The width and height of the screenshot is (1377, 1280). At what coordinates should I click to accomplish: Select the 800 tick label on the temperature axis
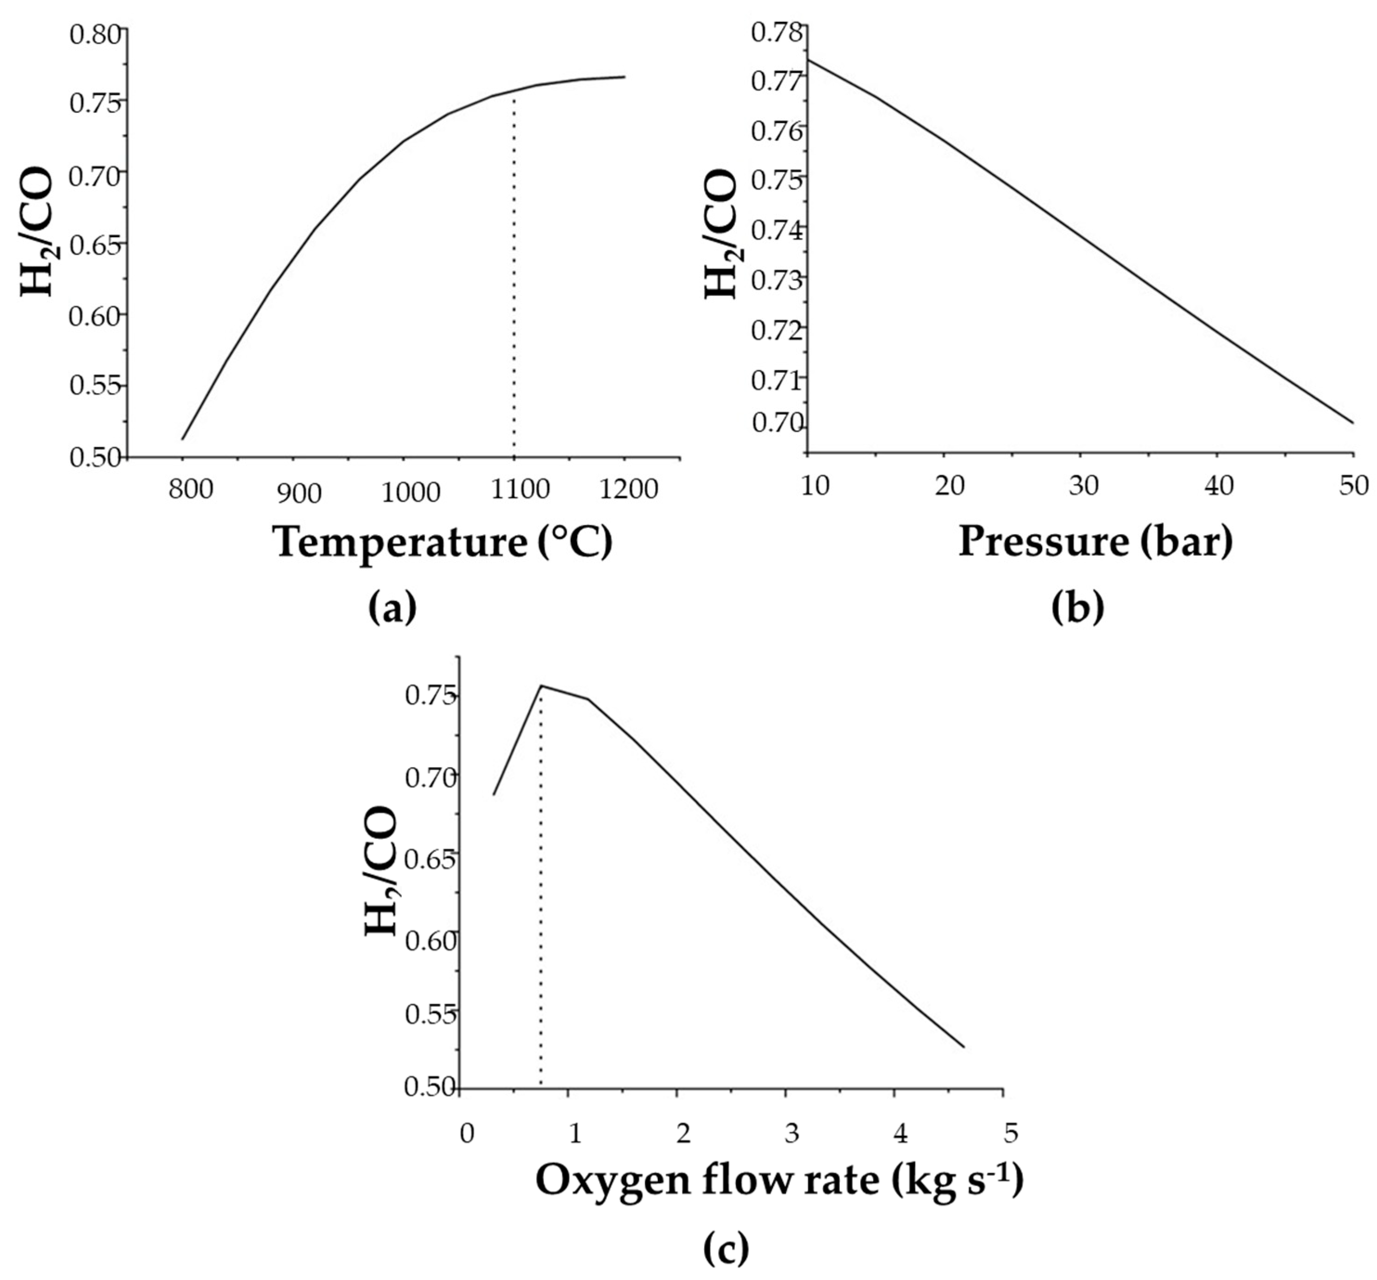190,489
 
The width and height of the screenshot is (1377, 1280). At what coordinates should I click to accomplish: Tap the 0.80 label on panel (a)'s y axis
96,34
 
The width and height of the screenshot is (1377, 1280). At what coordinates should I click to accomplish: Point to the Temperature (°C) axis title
443,543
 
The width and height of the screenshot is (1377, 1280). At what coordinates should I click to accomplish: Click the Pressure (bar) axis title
1095,541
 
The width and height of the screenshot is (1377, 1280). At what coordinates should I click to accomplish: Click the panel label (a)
393,608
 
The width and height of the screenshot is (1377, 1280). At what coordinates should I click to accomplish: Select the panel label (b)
1077,608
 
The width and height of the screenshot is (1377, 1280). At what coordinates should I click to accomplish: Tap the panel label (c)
726,1248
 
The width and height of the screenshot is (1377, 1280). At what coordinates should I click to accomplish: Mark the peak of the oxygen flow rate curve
541,686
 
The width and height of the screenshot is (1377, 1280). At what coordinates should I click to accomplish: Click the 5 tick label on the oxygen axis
1011,1133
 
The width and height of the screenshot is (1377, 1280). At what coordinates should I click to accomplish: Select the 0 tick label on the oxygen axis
467,1134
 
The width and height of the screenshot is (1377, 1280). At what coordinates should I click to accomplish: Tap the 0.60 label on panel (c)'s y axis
430,941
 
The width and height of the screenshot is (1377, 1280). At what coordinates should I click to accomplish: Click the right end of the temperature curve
625,77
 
